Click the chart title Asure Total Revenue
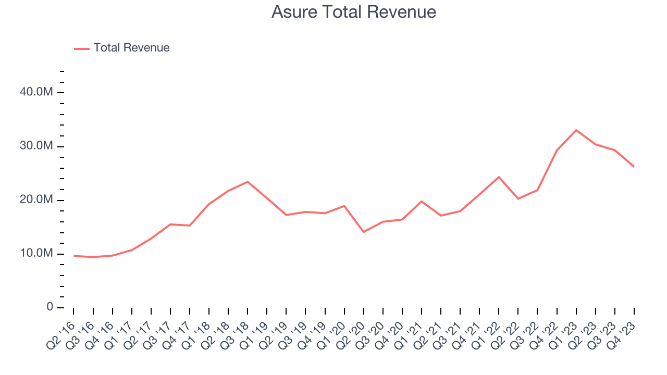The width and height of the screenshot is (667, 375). click(x=353, y=12)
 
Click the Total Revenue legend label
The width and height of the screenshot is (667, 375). click(x=131, y=48)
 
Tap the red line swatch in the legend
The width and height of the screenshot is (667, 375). click(x=82, y=48)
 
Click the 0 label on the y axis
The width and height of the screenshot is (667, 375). click(x=50, y=307)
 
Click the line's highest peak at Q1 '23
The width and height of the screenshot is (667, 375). click(x=576, y=130)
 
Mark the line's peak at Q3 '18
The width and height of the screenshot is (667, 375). click(x=247, y=182)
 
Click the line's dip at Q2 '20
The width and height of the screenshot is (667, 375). click(x=363, y=232)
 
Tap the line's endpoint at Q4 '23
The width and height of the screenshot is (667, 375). click(x=634, y=166)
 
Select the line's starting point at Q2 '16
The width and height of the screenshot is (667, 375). click(x=74, y=256)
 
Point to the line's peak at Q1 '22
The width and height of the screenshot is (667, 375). click(x=499, y=177)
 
